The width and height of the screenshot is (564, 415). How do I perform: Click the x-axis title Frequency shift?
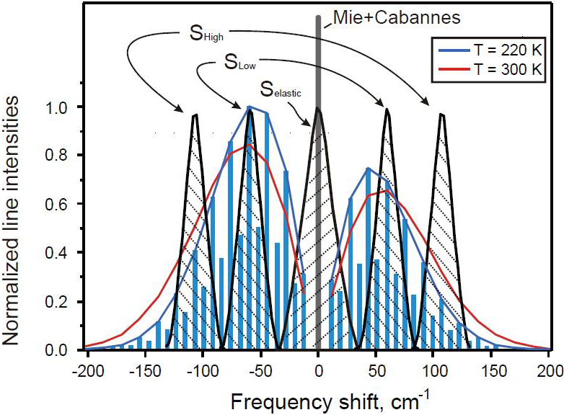click(318, 398)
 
